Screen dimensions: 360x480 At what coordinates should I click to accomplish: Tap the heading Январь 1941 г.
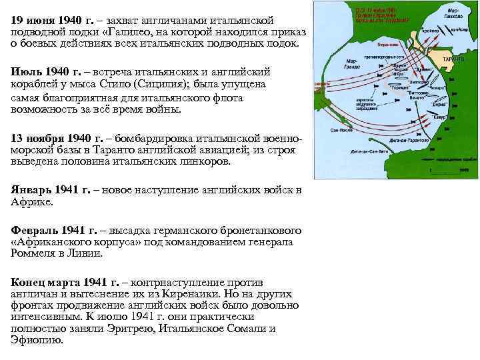pos(51,191)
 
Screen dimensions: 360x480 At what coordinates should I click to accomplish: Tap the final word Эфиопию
pos(37,340)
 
